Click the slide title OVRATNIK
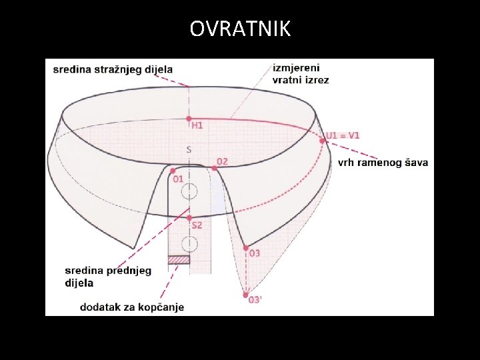click(240, 29)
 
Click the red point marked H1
click(189, 119)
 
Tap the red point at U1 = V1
click(322, 140)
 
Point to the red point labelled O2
click(214, 168)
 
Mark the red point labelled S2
click(189, 217)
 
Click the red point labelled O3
click(245, 247)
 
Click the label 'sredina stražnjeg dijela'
click(113, 69)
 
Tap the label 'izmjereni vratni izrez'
click(300, 73)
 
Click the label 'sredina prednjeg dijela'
click(107, 276)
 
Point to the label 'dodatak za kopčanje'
click(131, 307)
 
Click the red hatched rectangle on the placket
click(179, 259)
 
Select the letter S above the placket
click(189, 150)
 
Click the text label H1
click(197, 125)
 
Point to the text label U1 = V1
click(343, 135)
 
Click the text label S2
click(197, 226)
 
